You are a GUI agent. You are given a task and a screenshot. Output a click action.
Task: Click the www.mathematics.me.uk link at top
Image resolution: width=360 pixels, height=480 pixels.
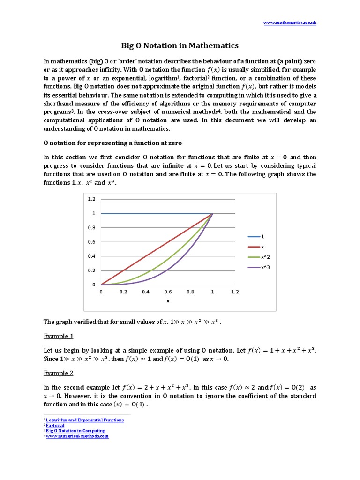click(290, 22)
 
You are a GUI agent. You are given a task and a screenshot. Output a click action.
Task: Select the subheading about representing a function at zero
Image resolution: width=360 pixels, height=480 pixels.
click(113, 142)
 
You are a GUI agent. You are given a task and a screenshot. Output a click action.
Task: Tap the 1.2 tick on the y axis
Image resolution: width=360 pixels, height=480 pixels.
click(91, 199)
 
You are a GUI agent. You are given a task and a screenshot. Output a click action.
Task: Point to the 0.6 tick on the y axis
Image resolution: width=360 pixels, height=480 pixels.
click(91, 242)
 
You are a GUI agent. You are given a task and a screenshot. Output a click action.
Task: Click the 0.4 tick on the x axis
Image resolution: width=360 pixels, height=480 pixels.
click(145, 292)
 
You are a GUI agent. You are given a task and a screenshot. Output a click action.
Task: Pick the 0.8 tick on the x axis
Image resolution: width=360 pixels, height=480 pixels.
click(190, 292)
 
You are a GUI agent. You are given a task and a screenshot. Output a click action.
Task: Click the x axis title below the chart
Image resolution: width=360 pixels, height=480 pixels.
click(168, 301)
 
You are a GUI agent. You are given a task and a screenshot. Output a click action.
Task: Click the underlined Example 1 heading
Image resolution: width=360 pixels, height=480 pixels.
click(59, 336)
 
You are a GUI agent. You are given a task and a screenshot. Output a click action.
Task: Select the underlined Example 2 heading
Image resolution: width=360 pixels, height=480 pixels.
click(59, 373)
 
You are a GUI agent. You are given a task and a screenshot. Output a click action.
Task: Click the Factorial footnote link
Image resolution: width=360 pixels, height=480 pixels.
click(55, 426)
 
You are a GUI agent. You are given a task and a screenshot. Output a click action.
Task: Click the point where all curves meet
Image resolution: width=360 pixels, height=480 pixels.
click(212, 214)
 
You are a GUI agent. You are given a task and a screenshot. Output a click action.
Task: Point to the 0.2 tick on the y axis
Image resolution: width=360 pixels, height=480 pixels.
click(91, 270)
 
